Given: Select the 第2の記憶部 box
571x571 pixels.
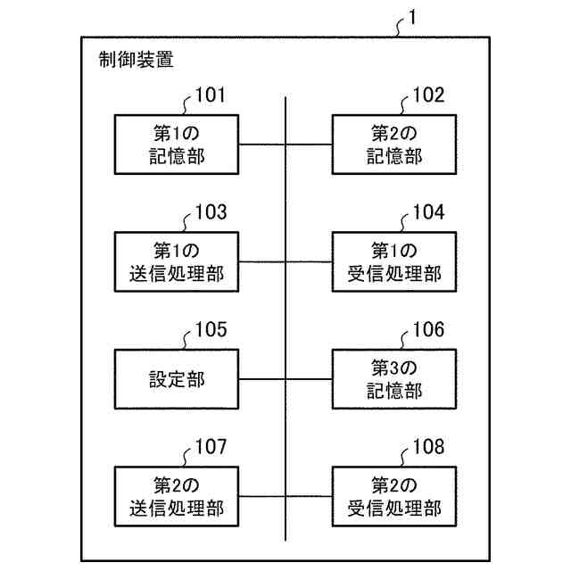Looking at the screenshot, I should click(x=393, y=145).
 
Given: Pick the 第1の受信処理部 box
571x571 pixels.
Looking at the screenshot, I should click(x=393, y=262).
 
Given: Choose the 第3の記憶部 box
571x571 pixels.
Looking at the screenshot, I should click(x=393, y=379).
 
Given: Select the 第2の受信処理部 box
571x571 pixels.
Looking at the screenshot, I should click(x=393, y=497).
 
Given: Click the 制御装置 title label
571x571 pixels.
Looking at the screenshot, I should click(x=137, y=62).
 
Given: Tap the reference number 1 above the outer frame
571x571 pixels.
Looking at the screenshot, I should click(x=410, y=17).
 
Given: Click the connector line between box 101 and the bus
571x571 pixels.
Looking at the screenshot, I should click(x=264, y=145).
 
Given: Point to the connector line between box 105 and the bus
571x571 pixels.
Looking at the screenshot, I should click(x=264, y=379).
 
